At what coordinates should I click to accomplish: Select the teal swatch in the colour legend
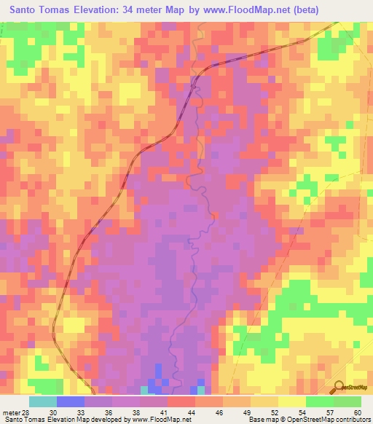43,401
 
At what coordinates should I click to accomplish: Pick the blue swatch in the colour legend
71,401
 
